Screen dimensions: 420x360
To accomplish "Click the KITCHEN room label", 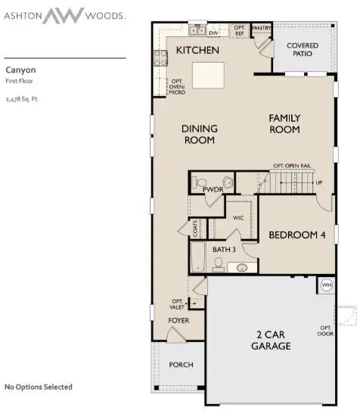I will pos(197,51).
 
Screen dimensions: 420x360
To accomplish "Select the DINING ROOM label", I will pos(199,135).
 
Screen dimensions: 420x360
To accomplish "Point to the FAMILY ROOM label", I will pos(284,124).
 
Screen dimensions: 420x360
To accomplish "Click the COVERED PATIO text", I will pos(303,50).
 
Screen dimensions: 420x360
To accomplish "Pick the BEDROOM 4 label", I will pos(297,235).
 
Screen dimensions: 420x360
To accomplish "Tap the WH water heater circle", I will pos(327,285).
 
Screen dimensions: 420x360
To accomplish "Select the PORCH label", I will pos(181,365).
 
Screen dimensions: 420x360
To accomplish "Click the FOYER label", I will pos(178,320).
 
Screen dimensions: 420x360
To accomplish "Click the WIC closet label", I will pos(238,217).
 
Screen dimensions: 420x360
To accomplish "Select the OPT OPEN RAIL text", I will pos(293,166).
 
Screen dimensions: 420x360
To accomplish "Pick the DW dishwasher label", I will pos(213,33).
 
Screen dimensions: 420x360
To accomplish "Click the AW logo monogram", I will pos(63,15).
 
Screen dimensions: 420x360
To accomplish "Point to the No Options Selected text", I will pos(39,387).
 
